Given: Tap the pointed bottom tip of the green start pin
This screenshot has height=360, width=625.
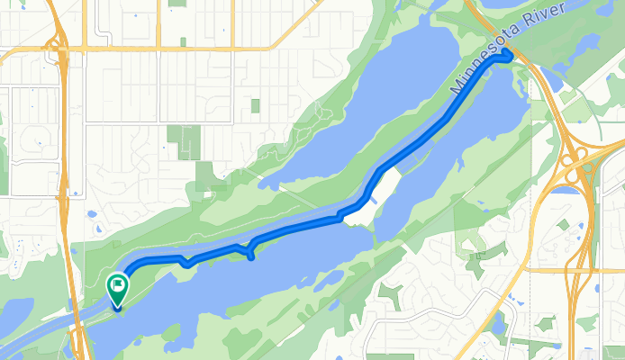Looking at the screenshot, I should [117, 309].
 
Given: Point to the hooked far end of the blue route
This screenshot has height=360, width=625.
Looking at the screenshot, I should [509, 57].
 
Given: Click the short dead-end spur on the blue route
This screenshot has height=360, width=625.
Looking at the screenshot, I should [250, 256].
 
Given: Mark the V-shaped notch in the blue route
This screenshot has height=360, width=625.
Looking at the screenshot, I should [186, 263].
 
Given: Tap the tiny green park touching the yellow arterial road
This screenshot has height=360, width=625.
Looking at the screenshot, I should [183, 41].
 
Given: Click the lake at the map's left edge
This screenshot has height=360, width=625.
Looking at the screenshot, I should [14, 315].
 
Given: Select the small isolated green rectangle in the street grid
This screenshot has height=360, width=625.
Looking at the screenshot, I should [255, 106].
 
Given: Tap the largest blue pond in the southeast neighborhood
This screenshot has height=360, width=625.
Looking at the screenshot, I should [501, 324].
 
